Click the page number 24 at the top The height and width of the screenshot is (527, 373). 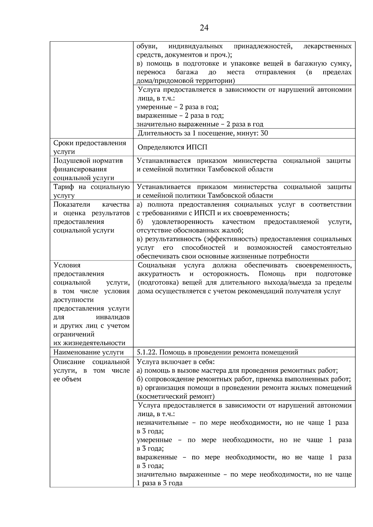pos(204,28)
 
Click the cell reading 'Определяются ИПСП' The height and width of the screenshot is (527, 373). pos(172,147)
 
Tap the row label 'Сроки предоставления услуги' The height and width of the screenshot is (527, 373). pos(90,147)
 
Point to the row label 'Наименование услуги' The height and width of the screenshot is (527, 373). pos(88,352)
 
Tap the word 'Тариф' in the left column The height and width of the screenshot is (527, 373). pos(63,187)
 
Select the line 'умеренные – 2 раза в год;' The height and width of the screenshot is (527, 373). pos(177,107)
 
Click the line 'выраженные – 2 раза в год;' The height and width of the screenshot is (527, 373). pos(180,116)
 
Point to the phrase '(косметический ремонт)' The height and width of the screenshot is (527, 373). pos(176,396)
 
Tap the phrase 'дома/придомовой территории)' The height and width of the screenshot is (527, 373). pos(186,81)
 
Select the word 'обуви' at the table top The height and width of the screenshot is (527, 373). pos(147,46)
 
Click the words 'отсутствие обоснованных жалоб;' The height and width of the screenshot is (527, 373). pos(190,230)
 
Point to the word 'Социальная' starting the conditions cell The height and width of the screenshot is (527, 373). pos(157,265)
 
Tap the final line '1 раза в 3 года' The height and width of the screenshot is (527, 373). pos(159,483)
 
